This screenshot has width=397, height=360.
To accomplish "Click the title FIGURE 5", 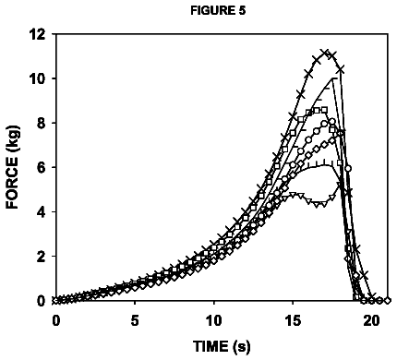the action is click(x=218, y=11).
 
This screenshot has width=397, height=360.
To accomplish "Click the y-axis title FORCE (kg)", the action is click(x=13, y=167).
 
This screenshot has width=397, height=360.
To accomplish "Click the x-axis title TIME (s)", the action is click(x=222, y=346).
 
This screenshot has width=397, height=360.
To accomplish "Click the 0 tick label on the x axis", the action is click(x=55, y=321).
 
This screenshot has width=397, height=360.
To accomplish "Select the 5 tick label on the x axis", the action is click(x=135, y=321).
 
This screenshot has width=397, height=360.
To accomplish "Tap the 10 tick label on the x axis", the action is click(x=214, y=321).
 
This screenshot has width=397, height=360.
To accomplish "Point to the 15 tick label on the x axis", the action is click(x=293, y=321).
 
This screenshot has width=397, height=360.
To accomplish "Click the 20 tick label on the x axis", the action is click(x=372, y=321).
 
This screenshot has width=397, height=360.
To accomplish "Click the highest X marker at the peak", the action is click(x=324, y=53).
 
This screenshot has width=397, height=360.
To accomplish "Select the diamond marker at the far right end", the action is click(x=388, y=301).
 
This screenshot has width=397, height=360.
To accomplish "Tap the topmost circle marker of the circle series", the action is click(x=332, y=121).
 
